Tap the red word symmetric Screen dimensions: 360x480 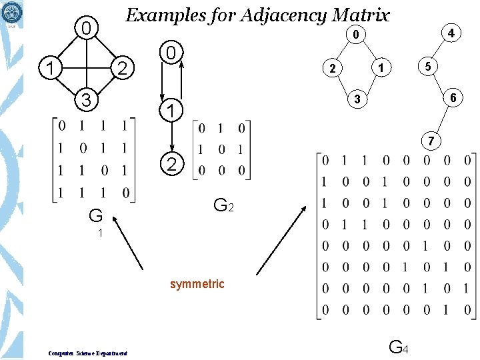point(197,284)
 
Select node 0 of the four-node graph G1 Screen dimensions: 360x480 point(85,28)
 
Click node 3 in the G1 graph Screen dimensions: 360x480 point(85,100)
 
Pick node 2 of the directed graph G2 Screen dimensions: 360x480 point(171,165)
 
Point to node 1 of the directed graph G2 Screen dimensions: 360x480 point(171,109)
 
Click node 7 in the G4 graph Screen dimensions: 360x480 point(432,141)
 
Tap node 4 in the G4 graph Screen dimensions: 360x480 point(451,33)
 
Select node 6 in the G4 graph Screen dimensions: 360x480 point(453,97)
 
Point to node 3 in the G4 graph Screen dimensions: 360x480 point(357,99)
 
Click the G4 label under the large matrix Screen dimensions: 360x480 point(398,347)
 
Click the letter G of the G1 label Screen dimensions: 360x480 point(96,216)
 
